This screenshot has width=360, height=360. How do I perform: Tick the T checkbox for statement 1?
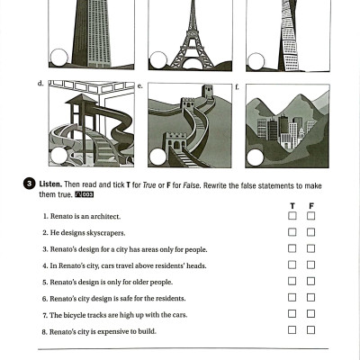click(x=292, y=216)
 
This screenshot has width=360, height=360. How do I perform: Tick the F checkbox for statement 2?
click(x=310, y=232)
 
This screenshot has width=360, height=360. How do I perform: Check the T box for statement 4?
click(x=292, y=265)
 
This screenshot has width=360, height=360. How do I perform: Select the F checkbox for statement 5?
click(x=310, y=282)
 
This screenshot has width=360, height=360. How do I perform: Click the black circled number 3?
click(x=30, y=184)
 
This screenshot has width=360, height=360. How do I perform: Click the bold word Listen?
click(x=50, y=184)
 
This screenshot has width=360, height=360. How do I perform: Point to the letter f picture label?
click(x=236, y=86)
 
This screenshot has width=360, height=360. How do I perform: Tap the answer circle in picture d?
click(x=58, y=157)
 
